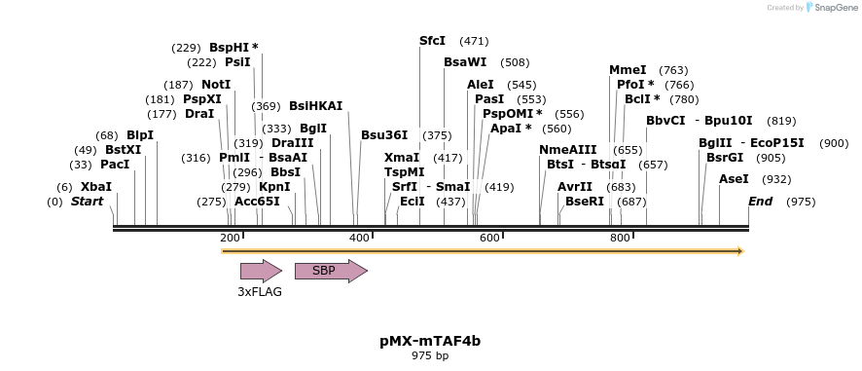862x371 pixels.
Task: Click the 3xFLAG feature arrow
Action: [x=260, y=271]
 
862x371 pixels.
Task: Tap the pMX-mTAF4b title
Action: [x=430, y=341]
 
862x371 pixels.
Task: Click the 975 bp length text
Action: [x=430, y=356]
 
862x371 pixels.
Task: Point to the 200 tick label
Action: [x=230, y=239]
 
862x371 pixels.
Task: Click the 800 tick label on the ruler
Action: [x=620, y=239]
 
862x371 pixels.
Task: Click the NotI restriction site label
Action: [x=216, y=85]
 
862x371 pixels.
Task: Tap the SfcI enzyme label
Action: [x=432, y=41]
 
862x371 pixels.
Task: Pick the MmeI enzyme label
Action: [x=628, y=70]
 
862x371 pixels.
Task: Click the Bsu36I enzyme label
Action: [x=384, y=135]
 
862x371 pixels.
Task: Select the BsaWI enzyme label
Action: [x=465, y=62]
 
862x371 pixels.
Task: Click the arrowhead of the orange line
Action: [x=739, y=251]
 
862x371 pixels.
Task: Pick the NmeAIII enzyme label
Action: [x=568, y=150]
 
